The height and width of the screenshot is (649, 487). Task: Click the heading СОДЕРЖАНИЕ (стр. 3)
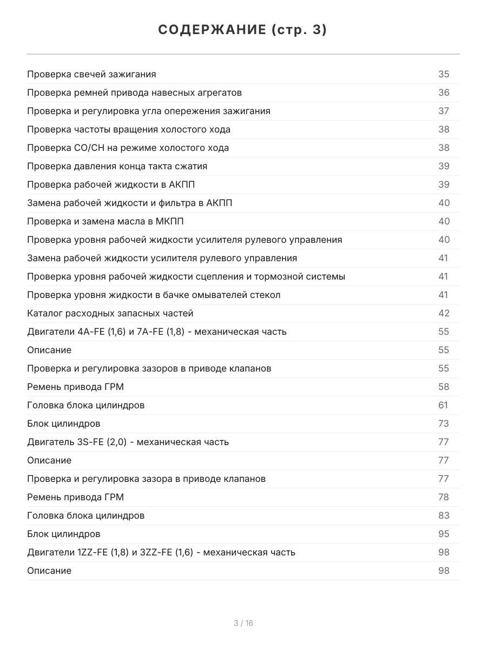pyautogui.click(x=243, y=30)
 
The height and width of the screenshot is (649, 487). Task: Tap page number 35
pyautogui.click(x=444, y=75)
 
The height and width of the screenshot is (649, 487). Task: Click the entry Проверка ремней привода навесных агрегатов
pyautogui.click(x=134, y=93)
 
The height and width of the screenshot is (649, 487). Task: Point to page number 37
pyautogui.click(x=444, y=111)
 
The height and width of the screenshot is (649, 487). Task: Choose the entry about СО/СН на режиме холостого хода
pyautogui.click(x=128, y=148)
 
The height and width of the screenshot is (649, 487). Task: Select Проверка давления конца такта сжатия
pyautogui.click(x=117, y=167)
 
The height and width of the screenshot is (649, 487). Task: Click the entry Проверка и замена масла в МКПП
pyautogui.click(x=109, y=222)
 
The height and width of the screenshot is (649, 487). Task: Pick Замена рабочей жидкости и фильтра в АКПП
pyautogui.click(x=130, y=203)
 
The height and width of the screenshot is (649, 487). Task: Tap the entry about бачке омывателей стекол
pyautogui.click(x=154, y=295)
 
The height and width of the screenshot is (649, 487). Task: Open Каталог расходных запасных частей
pyautogui.click(x=110, y=314)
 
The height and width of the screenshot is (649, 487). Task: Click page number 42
pyautogui.click(x=444, y=314)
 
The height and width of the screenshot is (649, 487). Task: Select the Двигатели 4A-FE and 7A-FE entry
pyautogui.click(x=157, y=332)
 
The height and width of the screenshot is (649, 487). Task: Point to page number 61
pyautogui.click(x=444, y=406)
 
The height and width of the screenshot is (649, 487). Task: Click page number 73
pyautogui.click(x=444, y=424)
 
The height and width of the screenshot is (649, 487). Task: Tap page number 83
pyautogui.click(x=444, y=516)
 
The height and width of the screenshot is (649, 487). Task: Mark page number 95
pyautogui.click(x=444, y=534)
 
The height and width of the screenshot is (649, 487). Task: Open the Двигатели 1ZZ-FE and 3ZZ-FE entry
pyautogui.click(x=161, y=553)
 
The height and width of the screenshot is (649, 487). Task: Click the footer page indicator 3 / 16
pyautogui.click(x=243, y=623)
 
